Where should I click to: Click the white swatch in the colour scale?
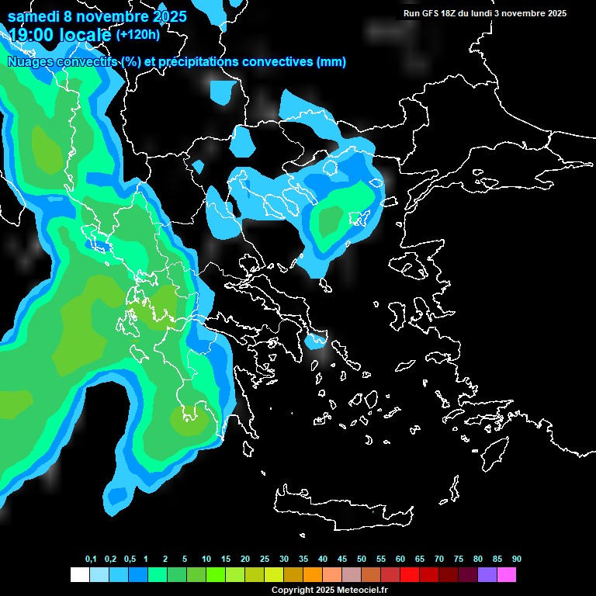tap(79, 575)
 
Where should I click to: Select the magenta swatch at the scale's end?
tap(507, 575)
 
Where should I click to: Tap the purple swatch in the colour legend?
tap(487, 575)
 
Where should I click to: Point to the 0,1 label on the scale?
tap(91, 560)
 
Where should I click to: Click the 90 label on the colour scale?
tap(517, 560)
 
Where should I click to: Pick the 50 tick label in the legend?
tap(362, 560)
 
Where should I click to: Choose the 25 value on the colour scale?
tap(265, 560)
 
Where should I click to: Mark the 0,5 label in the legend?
tap(130, 560)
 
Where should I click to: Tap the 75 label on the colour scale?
tap(459, 560)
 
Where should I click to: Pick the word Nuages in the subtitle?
tap(29, 62)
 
